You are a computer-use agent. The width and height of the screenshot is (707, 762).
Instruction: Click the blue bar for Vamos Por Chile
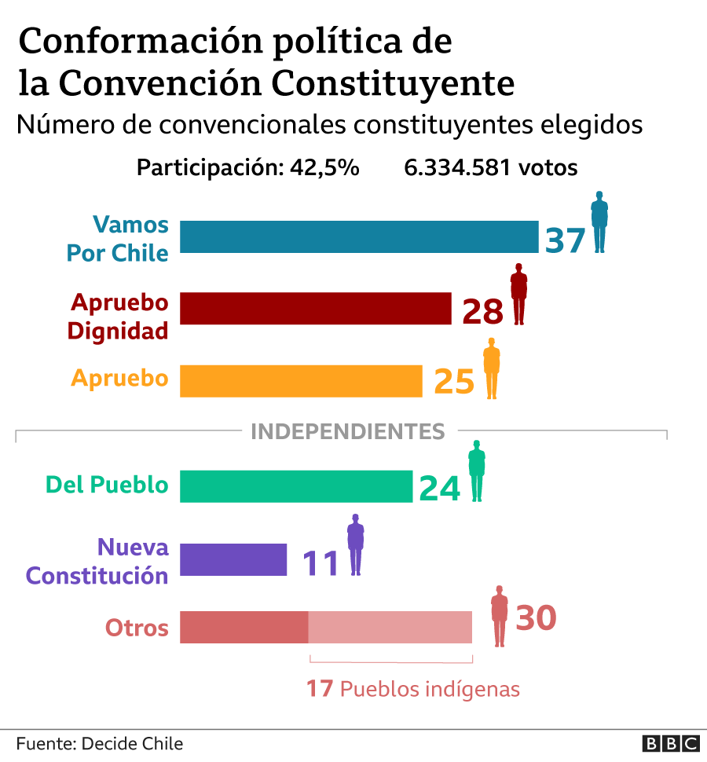click(359, 236)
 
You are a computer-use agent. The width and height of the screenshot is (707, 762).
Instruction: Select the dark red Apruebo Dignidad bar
click(316, 308)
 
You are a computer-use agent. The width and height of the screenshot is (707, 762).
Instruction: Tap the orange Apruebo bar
click(301, 381)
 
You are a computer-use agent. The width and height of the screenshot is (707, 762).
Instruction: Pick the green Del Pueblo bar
click(296, 485)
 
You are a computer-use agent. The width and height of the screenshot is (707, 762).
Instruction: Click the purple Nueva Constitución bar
click(233, 559)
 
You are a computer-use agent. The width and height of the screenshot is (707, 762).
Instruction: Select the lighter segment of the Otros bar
click(390, 627)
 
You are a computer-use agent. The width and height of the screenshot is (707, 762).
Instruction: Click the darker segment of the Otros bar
click(244, 627)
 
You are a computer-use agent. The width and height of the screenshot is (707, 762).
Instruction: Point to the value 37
click(566, 239)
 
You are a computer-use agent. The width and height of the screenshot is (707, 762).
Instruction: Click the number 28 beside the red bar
click(482, 312)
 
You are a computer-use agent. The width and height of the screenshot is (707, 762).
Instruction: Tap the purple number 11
click(320, 562)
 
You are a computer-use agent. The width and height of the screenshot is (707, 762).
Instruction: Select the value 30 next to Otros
click(536, 617)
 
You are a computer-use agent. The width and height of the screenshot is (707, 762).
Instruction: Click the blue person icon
click(599, 222)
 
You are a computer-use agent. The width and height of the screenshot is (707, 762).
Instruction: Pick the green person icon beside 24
click(477, 471)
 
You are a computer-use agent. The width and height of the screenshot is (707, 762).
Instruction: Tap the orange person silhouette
click(492, 368)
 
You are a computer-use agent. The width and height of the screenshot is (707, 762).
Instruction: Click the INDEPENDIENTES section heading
click(347, 431)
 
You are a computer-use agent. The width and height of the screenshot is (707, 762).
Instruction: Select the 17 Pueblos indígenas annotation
click(413, 689)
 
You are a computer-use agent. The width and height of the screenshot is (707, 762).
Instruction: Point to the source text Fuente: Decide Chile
click(99, 743)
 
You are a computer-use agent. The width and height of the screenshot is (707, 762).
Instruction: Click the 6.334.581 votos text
click(491, 167)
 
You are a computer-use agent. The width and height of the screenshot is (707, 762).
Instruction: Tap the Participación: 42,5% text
click(247, 167)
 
